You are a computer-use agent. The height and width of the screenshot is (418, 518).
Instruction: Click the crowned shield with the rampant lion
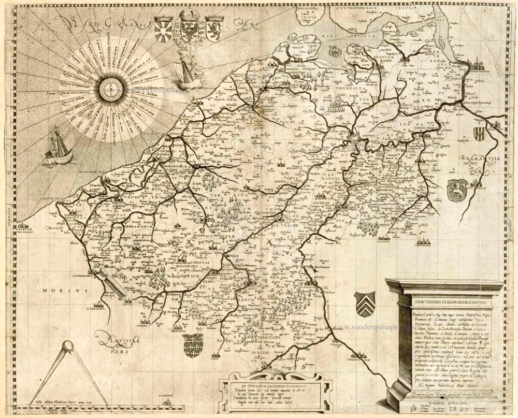click(214, 28)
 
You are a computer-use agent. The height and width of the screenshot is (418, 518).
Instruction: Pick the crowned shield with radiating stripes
click(165, 30)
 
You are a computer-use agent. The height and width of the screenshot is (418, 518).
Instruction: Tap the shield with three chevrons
click(364, 304)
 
